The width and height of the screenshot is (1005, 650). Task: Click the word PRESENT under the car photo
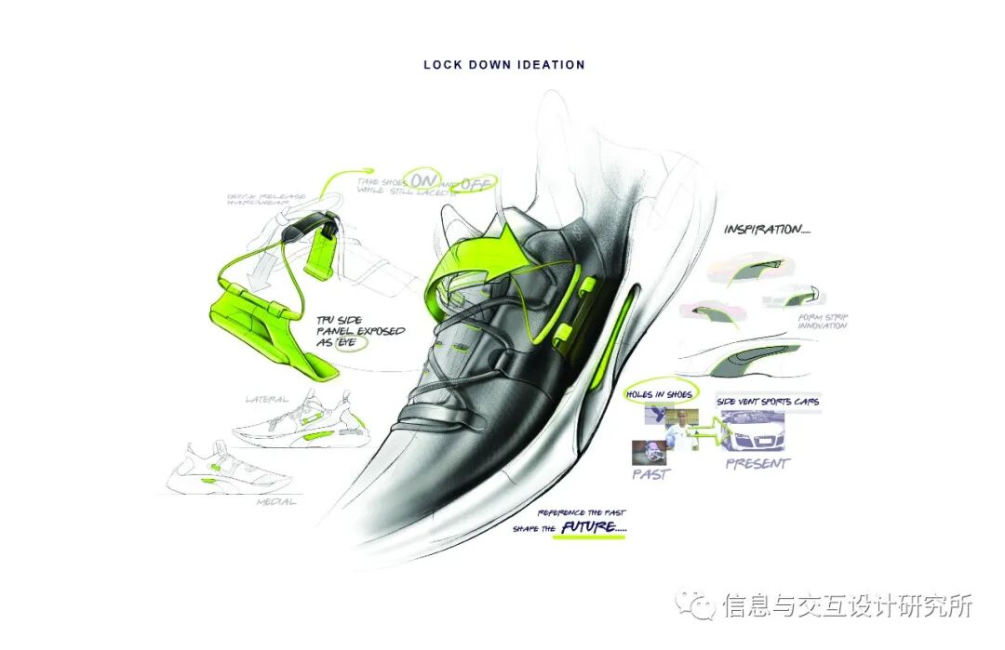(757, 463)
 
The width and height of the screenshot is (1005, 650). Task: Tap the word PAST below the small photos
(652, 474)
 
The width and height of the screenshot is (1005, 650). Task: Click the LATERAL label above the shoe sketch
(265, 399)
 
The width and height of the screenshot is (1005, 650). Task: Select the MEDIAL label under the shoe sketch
(276, 502)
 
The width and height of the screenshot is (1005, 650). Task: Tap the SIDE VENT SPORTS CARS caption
(768, 402)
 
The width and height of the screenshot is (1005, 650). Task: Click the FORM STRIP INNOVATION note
(822, 323)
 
